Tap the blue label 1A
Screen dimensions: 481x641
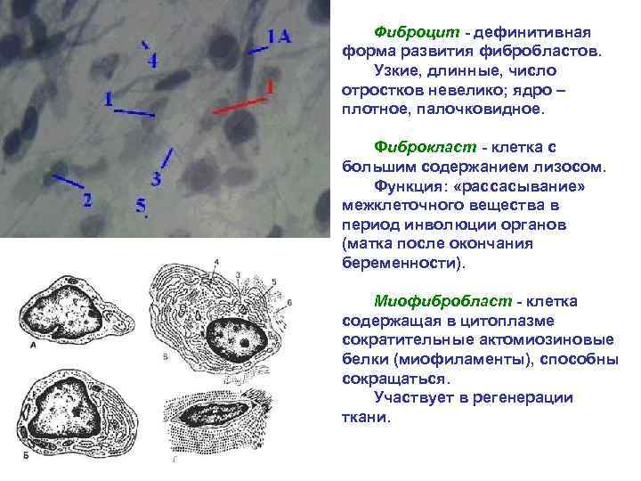(x=279, y=36)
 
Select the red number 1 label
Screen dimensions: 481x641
(x=270, y=86)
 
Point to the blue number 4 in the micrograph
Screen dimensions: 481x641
(x=152, y=61)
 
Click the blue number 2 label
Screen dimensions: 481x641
(x=87, y=200)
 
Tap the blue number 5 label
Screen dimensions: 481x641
(x=141, y=206)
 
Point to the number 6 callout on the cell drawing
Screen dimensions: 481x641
(x=290, y=303)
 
